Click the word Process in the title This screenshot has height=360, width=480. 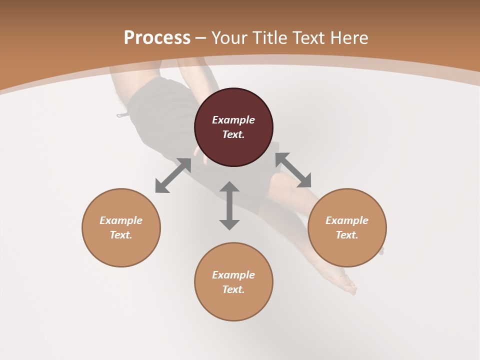tap(157, 38)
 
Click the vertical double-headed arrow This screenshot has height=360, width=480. tap(229, 205)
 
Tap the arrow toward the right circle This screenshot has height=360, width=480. tap(293, 170)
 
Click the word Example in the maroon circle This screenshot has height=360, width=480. tap(233, 120)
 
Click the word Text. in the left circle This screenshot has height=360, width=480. tap(121, 235)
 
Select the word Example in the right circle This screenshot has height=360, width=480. tap(347, 220)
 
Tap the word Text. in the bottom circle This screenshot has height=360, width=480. tap(233, 289)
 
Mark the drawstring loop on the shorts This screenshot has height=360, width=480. tap(122, 115)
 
